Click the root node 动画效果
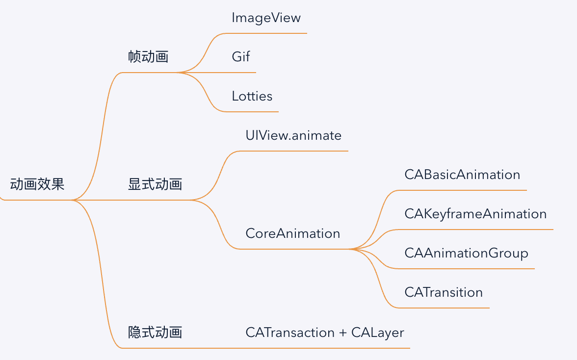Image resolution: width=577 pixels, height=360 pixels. coord(37,185)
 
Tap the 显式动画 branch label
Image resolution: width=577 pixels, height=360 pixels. coord(155,184)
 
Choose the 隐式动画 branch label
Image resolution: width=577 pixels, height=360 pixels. coord(155,333)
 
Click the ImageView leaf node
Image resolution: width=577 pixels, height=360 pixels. coord(266,18)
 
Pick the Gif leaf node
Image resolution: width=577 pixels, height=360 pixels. coord(240,57)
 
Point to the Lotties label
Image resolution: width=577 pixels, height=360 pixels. coord(252,96)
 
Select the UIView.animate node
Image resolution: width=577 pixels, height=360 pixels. coord(293,135)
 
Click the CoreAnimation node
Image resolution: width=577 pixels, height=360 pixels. coord(292,233)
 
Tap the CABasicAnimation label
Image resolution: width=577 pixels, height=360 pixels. coord(462,175)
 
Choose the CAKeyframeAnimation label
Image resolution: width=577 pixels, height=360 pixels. coord(475,214)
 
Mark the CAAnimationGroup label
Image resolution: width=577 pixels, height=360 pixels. coord(466,253)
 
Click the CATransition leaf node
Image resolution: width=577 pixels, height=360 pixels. coord(444,292)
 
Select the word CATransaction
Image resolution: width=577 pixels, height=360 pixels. coord(290,333)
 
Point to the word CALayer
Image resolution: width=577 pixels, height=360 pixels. coord(377,333)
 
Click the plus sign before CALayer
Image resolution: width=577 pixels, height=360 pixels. coord(343,333)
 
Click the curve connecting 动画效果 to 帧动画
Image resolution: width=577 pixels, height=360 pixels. coord(101,137)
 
